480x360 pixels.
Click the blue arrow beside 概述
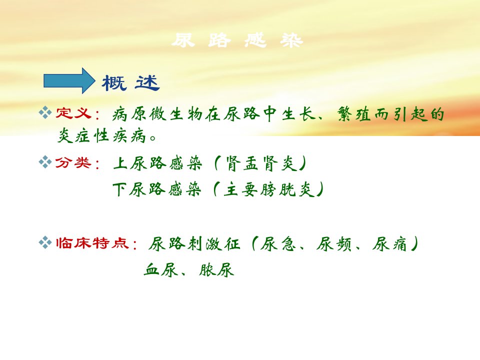pyautogui.click(x=69, y=80)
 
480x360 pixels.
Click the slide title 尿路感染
pyautogui.click(x=237, y=40)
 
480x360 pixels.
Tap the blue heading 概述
pyautogui.click(x=130, y=82)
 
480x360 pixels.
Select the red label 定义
pyautogui.click(x=73, y=113)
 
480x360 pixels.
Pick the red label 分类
pyautogui.click(x=73, y=162)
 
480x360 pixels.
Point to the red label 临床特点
pyautogui.click(x=92, y=243)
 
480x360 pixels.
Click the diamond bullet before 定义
pyautogui.click(x=45, y=112)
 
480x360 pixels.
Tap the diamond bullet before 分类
pyautogui.click(x=45, y=162)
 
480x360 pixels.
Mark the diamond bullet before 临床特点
pyautogui.click(x=45, y=242)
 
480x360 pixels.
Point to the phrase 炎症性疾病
pyautogui.click(x=101, y=135)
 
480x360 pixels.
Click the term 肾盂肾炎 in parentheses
pyautogui.click(x=260, y=163)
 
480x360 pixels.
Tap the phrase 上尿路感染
pyautogui.click(x=157, y=163)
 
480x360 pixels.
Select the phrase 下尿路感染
pyautogui.click(x=157, y=189)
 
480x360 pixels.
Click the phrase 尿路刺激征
pyautogui.click(x=194, y=244)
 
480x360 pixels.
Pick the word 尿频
pyautogui.click(x=333, y=244)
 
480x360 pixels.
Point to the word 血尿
pyautogui.click(x=161, y=270)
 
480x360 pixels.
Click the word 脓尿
pyautogui.click(x=216, y=270)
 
